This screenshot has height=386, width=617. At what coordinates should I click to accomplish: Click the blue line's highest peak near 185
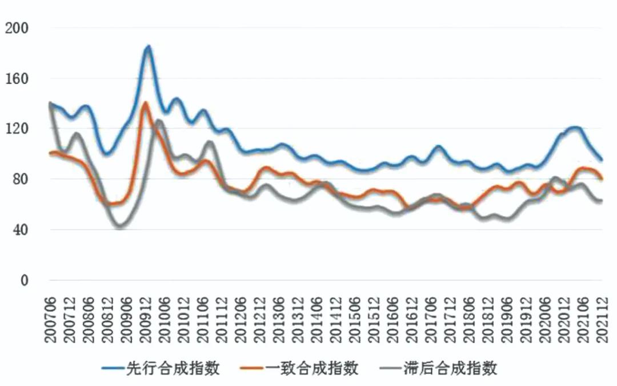click(148, 46)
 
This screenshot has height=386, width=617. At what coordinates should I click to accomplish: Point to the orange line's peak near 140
click(145, 104)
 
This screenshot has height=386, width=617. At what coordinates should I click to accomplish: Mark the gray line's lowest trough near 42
click(121, 226)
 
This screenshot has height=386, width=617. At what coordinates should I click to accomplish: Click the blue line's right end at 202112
click(601, 160)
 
